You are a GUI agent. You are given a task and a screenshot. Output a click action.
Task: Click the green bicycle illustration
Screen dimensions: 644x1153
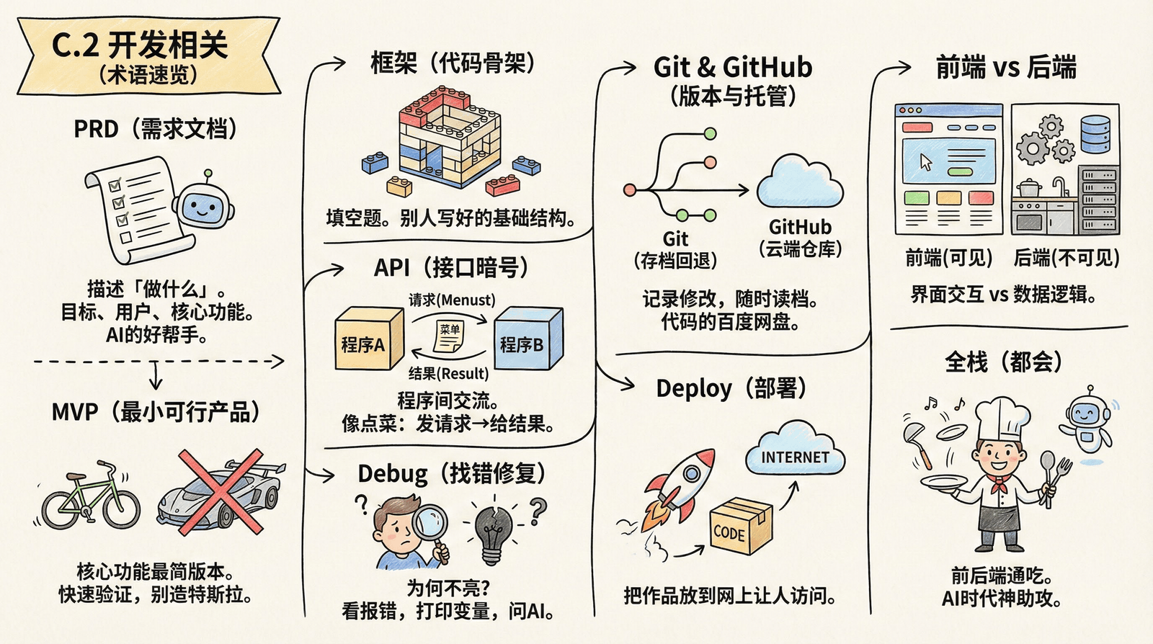(90, 497)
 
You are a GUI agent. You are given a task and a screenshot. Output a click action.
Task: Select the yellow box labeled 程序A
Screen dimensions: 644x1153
(368, 339)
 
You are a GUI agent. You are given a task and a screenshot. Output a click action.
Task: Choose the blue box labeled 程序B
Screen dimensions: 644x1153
(527, 339)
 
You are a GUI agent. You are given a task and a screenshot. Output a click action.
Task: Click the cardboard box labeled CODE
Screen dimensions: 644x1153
(739, 526)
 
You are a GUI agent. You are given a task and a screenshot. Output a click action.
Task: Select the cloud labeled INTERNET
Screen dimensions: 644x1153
(795, 451)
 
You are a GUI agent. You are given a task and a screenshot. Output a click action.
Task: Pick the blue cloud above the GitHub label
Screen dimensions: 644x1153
(799, 183)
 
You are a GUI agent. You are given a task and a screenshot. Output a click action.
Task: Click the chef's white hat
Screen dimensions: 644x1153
(1002, 418)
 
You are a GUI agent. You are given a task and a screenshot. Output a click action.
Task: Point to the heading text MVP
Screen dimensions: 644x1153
(74, 413)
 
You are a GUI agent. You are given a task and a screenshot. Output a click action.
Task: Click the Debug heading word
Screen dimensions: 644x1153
(393, 474)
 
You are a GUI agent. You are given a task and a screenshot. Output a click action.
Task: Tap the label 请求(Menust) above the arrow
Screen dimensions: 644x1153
(452, 300)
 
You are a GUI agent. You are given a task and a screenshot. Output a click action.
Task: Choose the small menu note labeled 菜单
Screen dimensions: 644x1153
(450, 335)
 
